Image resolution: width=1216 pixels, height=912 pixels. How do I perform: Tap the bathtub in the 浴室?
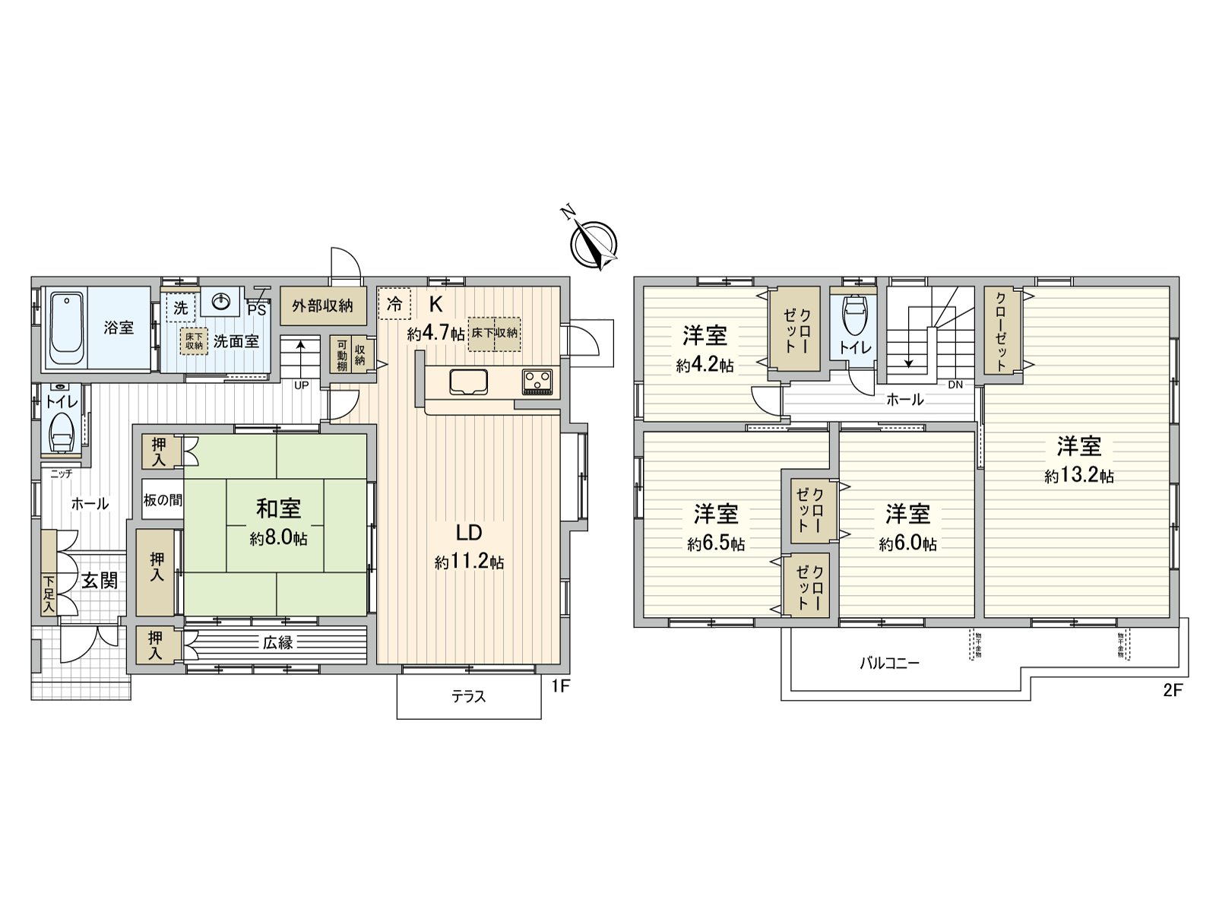(66, 329)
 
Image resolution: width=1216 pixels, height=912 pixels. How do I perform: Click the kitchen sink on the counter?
(471, 381)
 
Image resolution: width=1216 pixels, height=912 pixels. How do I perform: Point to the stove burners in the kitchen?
(539, 380)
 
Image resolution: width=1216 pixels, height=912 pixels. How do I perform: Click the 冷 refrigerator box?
(394, 303)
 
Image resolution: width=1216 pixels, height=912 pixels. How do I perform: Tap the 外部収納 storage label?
(322, 306)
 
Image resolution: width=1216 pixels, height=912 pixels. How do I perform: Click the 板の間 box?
(163, 499)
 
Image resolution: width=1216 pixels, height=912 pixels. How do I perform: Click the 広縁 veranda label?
(278, 643)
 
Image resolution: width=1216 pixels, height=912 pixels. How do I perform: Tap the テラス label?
(468, 696)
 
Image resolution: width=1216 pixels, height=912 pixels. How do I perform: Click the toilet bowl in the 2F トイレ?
(855, 313)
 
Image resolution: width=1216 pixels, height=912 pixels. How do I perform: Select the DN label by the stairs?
(955, 385)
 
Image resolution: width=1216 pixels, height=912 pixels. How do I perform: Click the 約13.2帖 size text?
(1079, 477)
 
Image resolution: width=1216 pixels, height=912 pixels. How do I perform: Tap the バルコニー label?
(889, 663)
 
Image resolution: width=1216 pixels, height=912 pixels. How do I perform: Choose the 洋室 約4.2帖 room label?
(705, 349)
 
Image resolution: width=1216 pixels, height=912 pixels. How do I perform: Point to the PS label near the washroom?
(256, 309)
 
